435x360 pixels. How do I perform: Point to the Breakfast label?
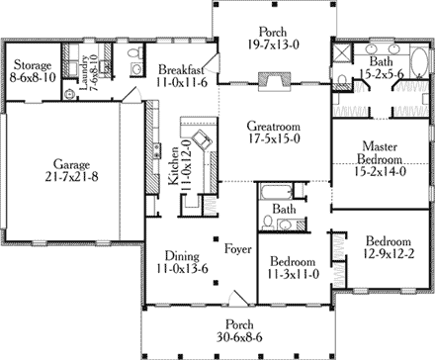[x=181, y=69]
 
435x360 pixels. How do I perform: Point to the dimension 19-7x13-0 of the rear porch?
[x=273, y=43]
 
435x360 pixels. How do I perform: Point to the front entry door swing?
[x=234, y=300]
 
